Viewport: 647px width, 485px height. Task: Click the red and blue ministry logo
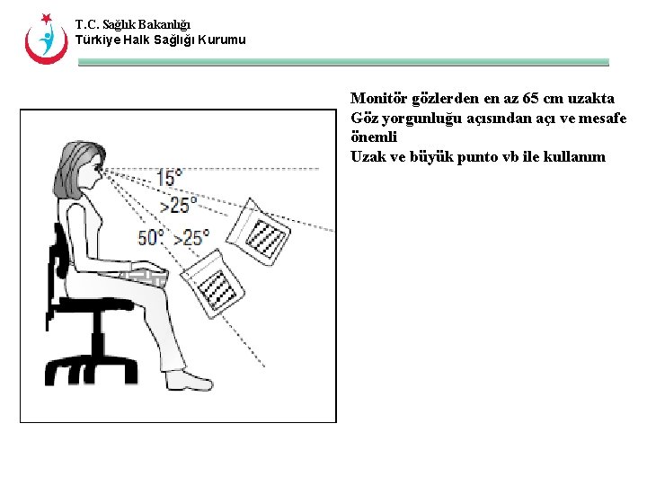pos(46,38)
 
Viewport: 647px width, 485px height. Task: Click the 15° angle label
pos(169,178)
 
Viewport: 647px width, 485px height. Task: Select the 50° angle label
pos(150,238)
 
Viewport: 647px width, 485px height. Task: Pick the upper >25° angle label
pos(178,206)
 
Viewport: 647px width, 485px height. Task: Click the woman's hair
pos(72,166)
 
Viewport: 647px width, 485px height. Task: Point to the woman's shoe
pos(191,381)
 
